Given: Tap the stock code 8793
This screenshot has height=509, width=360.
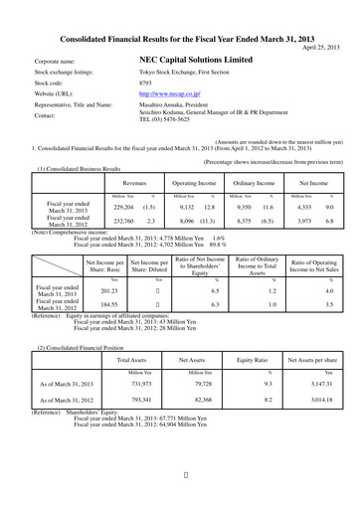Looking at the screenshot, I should (x=146, y=84).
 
